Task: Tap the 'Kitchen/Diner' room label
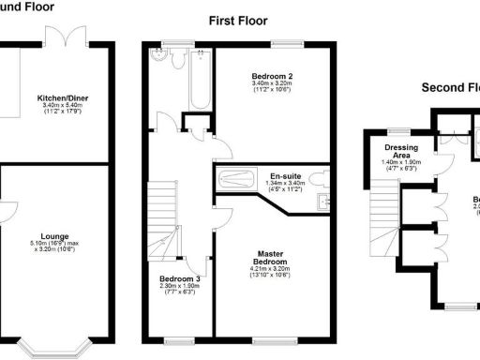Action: tap(63, 97)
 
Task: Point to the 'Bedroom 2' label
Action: tap(273, 76)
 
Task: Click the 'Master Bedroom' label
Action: tap(273, 257)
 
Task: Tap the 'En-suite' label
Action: tap(285, 176)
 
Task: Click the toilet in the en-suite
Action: tap(318, 177)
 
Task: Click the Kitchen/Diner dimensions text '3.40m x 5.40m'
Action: tap(63, 106)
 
